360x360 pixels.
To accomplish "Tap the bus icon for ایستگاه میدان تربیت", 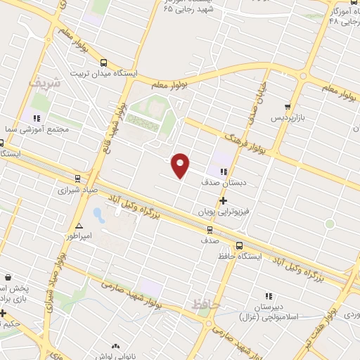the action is click(x=104, y=62).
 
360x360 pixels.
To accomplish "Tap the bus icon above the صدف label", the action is click(x=210, y=229).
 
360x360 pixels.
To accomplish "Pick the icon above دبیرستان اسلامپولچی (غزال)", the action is click(x=268, y=297).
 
